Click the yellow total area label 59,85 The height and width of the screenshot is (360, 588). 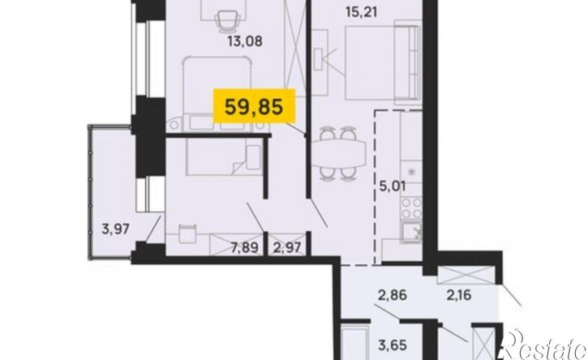pos(254,106)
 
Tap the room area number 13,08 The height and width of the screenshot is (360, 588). pos(245,41)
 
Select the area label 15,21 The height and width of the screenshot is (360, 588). pos(360,12)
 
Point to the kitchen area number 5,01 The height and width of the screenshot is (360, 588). pos(393,186)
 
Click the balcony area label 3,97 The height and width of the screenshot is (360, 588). pos(115,229)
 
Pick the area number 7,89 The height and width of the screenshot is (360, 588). pos(245,248)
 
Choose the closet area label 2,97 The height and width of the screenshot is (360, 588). pos(287,248)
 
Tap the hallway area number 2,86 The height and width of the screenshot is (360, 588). pos(393,295)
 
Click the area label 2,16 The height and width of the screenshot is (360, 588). pos(458,295)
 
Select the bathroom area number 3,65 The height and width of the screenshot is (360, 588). pos(393,345)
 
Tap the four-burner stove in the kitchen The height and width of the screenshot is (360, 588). pos(411,208)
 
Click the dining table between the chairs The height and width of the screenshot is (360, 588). pos(339,155)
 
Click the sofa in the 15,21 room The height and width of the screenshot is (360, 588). pos(407,62)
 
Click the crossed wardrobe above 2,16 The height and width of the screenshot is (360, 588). pos(467,275)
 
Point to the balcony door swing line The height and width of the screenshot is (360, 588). pos(153,229)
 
